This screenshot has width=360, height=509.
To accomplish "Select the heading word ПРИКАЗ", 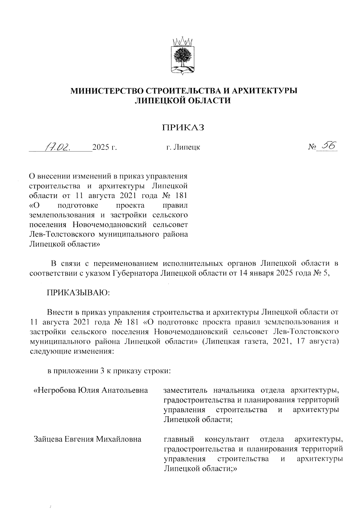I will click(x=183, y=127).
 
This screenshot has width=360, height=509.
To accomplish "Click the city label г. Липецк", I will click(x=183, y=147).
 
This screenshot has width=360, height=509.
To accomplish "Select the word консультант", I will click(x=227, y=439).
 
